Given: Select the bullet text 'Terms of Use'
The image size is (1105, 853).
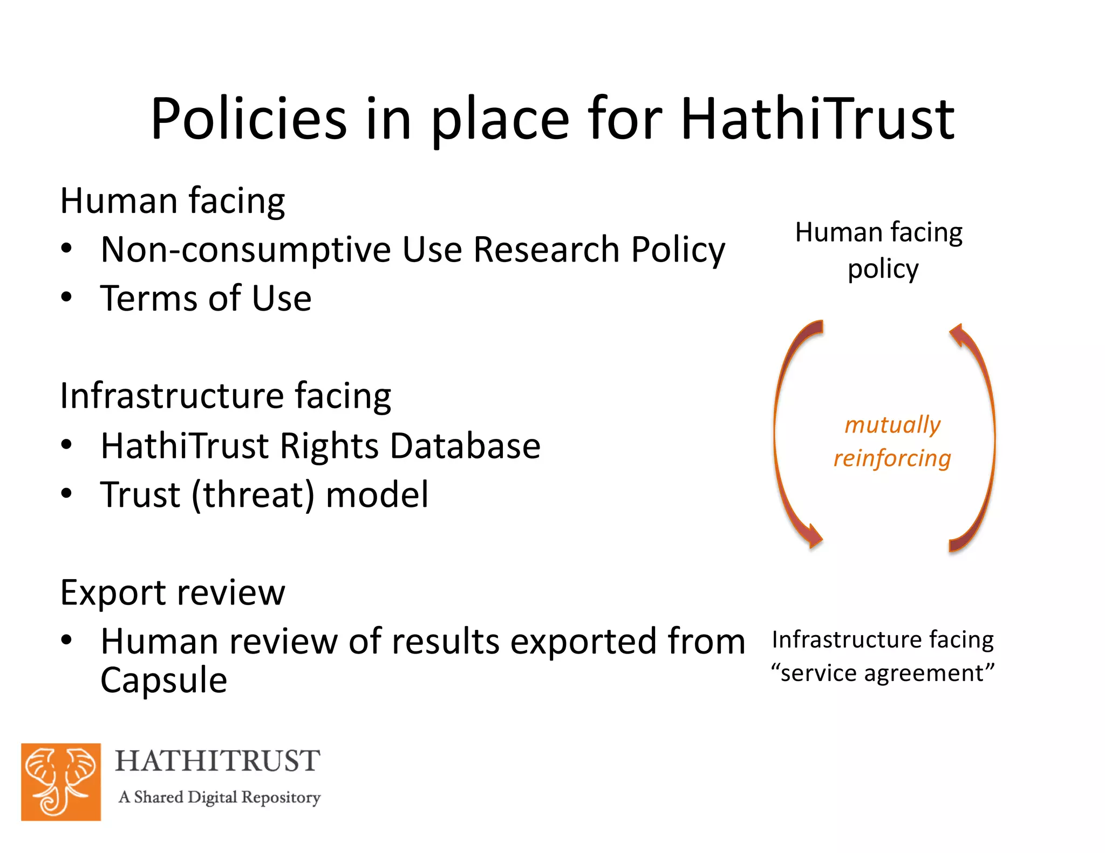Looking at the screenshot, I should pyautogui.click(x=206, y=298).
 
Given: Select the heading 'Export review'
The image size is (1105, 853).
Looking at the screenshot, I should pyautogui.click(x=173, y=593).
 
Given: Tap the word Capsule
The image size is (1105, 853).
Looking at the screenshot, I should pyautogui.click(x=163, y=680).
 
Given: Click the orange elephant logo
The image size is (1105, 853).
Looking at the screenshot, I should pyautogui.click(x=61, y=782).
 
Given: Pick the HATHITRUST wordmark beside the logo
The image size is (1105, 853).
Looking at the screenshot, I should pyautogui.click(x=217, y=761).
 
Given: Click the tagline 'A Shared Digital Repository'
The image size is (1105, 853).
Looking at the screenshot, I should pyautogui.click(x=219, y=797).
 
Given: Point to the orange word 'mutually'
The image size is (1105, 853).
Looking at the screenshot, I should pyautogui.click(x=892, y=425).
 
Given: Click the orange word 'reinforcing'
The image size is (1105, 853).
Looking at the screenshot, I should pyautogui.click(x=892, y=458).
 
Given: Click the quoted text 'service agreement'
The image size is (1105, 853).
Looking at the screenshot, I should pyautogui.click(x=883, y=673).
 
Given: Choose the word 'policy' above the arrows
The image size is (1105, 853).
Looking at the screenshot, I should pyautogui.click(x=883, y=269).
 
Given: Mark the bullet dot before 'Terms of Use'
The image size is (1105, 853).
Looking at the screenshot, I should pyautogui.click(x=66, y=297).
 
